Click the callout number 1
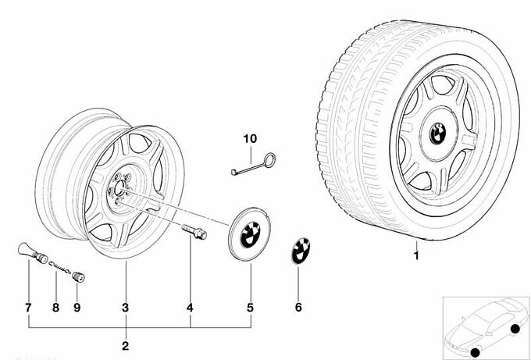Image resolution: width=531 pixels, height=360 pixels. pyautogui.click(x=416, y=255)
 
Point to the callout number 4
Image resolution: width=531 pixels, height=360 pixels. pyautogui.click(x=191, y=308)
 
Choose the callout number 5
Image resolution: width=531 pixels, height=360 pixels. pyautogui.click(x=251, y=308)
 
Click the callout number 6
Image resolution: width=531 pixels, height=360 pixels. pyautogui.click(x=298, y=308)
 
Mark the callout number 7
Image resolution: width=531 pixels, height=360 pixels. pyautogui.click(x=28, y=308)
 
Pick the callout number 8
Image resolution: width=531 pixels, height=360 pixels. pyautogui.click(x=55, y=308)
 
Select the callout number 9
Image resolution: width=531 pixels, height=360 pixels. pyautogui.click(x=77, y=308)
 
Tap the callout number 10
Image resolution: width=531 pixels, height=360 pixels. pyautogui.click(x=249, y=139)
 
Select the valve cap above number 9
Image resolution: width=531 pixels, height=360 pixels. pyautogui.click(x=77, y=275)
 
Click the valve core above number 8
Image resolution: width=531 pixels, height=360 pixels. pyautogui.click(x=56, y=266)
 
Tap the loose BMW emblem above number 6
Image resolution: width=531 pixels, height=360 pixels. pyautogui.click(x=299, y=250)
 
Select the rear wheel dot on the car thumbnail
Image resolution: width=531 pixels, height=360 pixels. pyautogui.click(x=515, y=329)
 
